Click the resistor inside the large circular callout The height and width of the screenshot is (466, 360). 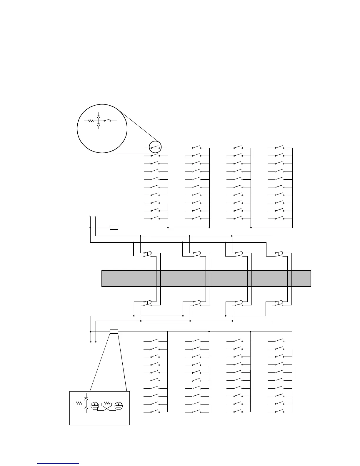tap(91, 121)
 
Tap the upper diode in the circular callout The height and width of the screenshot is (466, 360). tap(99, 117)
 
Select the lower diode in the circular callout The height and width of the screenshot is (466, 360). tap(99, 125)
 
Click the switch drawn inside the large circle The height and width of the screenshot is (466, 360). tap(107, 120)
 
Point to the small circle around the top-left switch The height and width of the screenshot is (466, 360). tap(155, 147)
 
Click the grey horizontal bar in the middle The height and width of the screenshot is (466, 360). tap(206, 278)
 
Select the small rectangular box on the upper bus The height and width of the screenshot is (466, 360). tap(114, 227)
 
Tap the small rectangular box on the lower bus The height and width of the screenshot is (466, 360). tap(114, 332)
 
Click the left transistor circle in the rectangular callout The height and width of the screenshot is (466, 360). tap(95, 405)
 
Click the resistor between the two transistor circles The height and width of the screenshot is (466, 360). tap(107, 403)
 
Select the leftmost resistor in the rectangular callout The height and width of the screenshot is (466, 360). tap(79, 403)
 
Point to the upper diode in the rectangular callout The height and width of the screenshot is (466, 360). tap(86, 398)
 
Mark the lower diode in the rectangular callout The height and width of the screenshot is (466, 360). tap(86, 408)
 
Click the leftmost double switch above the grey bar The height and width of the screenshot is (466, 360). tap(147, 254)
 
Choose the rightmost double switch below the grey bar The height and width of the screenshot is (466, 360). tap(279, 303)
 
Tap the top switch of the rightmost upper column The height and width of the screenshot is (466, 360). tap(279, 147)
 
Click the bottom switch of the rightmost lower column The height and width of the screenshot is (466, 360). tap(279, 412)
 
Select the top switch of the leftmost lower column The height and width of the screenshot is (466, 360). tap(155, 341)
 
